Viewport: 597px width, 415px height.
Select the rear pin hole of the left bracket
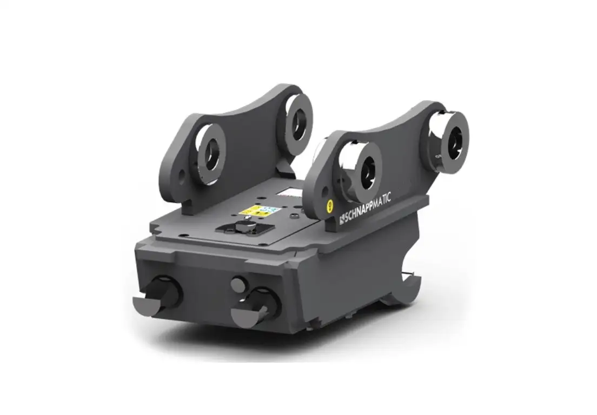[x=297, y=121]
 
